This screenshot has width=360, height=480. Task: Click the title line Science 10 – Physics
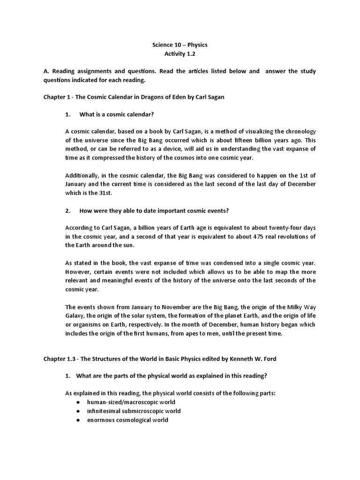coord(180,45)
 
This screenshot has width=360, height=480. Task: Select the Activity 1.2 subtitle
coord(180,54)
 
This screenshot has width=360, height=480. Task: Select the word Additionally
coord(82,175)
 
